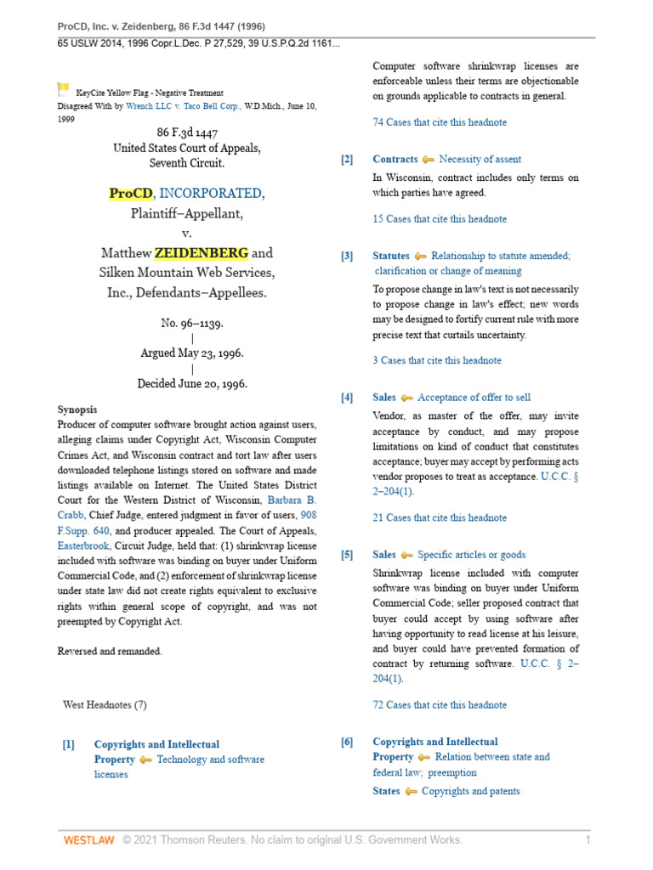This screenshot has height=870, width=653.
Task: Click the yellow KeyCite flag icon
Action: (x=63, y=88)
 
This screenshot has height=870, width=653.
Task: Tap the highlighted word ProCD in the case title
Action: (x=130, y=193)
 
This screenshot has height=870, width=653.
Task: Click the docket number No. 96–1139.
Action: (x=193, y=324)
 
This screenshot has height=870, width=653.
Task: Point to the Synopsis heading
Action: (x=77, y=409)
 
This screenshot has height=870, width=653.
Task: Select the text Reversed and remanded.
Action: (x=110, y=651)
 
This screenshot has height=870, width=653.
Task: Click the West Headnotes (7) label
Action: (x=105, y=704)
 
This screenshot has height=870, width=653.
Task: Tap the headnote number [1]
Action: (x=69, y=744)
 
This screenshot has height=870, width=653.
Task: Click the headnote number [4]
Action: (x=347, y=398)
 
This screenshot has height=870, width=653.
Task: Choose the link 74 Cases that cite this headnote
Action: (x=440, y=122)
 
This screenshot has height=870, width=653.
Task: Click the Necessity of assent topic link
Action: (x=480, y=159)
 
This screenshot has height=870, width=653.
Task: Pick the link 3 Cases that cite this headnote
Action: (x=437, y=360)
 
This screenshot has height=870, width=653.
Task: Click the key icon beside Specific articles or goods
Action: (x=406, y=556)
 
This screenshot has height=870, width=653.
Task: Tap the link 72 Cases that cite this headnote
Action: (x=440, y=704)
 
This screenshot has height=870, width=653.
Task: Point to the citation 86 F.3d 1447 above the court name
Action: (x=187, y=132)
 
